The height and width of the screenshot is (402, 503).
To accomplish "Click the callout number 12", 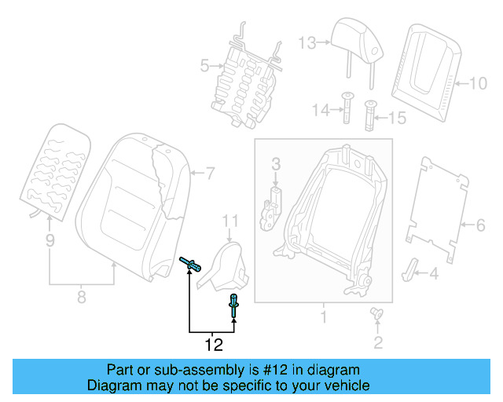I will click(213, 345).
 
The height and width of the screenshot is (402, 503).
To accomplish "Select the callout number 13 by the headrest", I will click(307, 42).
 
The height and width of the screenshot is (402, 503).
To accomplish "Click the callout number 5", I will click(204, 67).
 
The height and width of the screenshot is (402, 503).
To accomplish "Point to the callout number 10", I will click(479, 82).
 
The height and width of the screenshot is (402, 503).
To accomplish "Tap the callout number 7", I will click(210, 172).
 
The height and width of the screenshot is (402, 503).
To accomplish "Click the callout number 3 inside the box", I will click(276, 164).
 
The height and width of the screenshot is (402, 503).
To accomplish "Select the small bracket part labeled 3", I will click(274, 206).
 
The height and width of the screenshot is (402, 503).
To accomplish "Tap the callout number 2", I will click(378, 342).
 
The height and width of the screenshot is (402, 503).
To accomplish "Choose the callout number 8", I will click(81, 297).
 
